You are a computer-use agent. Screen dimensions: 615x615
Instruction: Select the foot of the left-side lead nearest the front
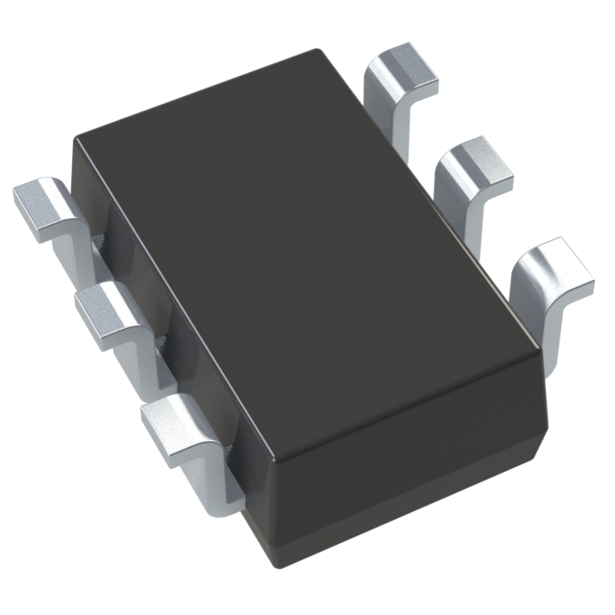coord(173,423)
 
